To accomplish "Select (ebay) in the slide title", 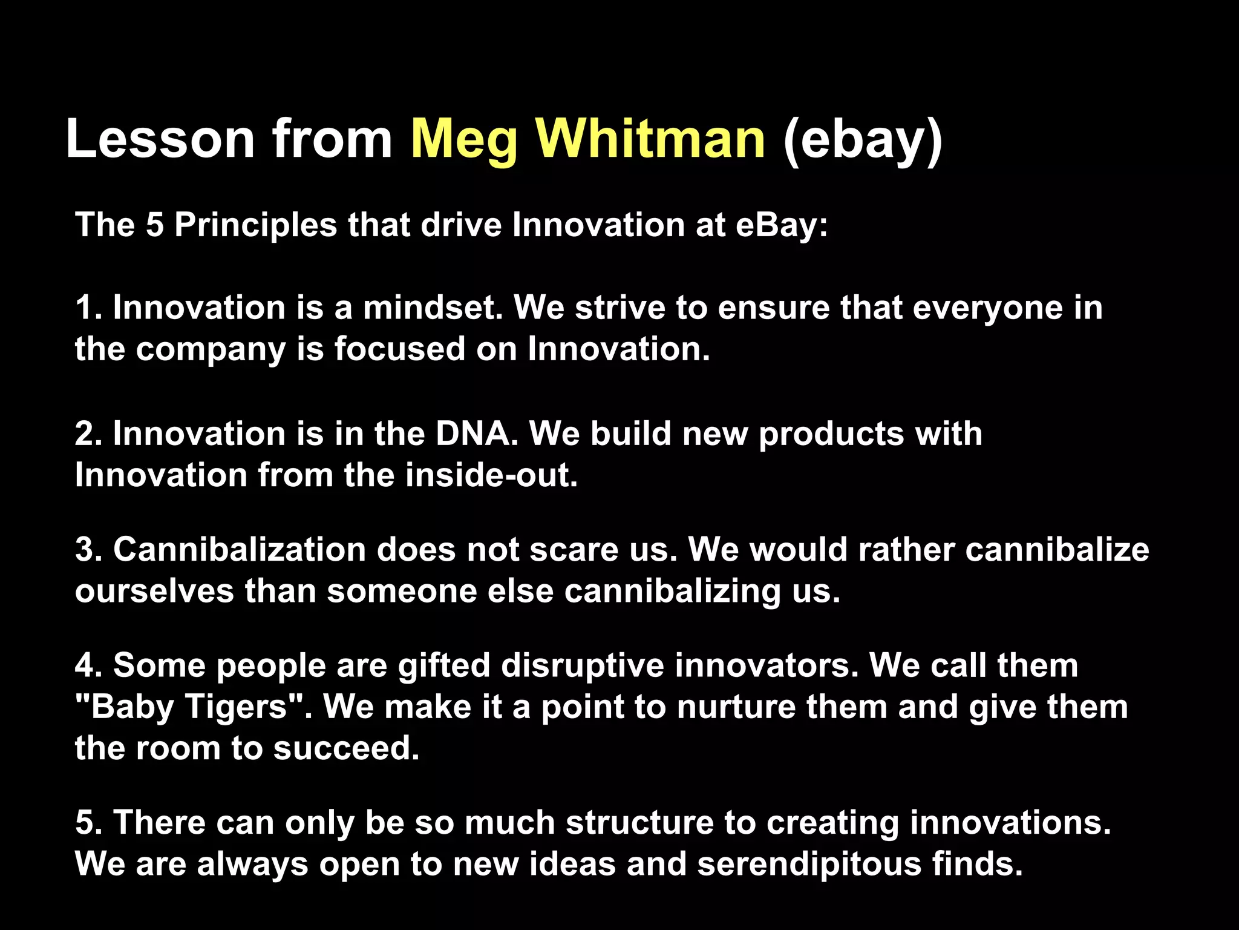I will [x=863, y=140].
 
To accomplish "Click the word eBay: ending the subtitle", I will [x=781, y=225].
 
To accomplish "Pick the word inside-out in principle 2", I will [x=491, y=475].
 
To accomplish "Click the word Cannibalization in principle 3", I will [x=240, y=550].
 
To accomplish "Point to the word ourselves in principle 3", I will [x=154, y=591].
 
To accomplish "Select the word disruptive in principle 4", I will [x=583, y=665].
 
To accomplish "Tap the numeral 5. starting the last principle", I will [x=89, y=823].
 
